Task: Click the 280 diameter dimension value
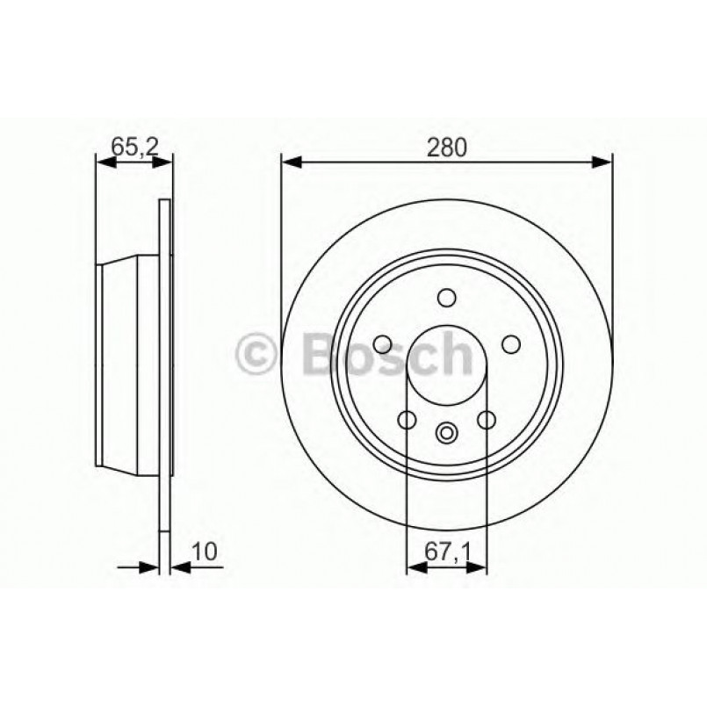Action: pyautogui.click(x=447, y=148)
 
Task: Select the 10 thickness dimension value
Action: pyautogui.click(x=206, y=552)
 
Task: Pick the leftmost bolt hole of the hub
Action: pyautogui.click(x=382, y=343)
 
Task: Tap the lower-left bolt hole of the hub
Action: pyautogui.click(x=407, y=421)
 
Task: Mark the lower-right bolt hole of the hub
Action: pyautogui.click(x=487, y=421)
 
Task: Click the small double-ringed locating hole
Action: pyautogui.click(x=447, y=432)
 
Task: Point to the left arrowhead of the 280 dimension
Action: pyautogui.click(x=291, y=162)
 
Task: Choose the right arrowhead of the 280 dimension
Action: pyautogui.click(x=602, y=162)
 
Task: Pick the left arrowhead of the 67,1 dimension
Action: pyautogui.click(x=415, y=568)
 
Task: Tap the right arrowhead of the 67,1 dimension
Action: pyautogui.click(x=480, y=568)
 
